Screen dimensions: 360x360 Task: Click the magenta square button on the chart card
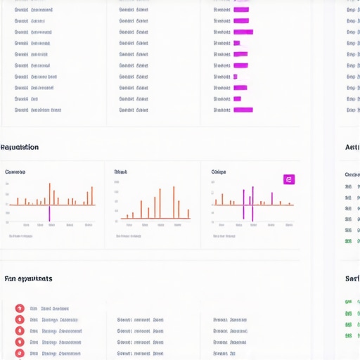pyautogui.click(x=288, y=179)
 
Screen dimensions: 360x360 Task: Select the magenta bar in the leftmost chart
pyautogui.click(x=49, y=213)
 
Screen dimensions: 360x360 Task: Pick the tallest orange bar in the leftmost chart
pyautogui.click(x=50, y=193)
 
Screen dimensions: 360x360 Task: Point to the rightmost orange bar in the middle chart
pyautogui.click(x=188, y=214)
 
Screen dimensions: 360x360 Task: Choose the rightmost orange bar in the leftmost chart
pyautogui.click(x=93, y=195)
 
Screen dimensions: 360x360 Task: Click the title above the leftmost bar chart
pyautogui.click(x=15, y=172)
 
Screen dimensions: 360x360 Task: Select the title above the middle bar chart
pyautogui.click(x=120, y=172)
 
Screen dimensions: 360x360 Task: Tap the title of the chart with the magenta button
pyautogui.click(x=218, y=172)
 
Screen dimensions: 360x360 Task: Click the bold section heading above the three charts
pyautogui.click(x=20, y=148)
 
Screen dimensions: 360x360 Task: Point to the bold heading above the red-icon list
pyautogui.click(x=28, y=279)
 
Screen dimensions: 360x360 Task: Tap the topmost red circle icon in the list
pyautogui.click(x=19, y=308)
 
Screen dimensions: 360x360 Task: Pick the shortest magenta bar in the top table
pyautogui.click(x=235, y=77)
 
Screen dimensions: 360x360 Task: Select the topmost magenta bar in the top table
pyautogui.click(x=240, y=10)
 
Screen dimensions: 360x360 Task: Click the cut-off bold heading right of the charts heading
pyautogui.click(x=352, y=148)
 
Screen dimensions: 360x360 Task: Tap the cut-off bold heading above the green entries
pyautogui.click(x=352, y=279)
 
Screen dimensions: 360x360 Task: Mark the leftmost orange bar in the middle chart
pyautogui.click(x=128, y=217)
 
